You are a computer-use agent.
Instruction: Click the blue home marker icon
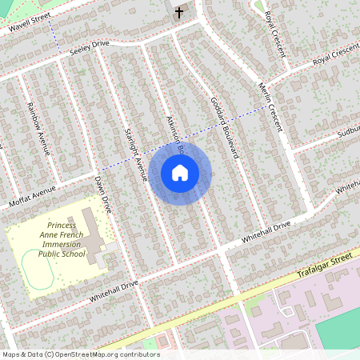coord(180,172)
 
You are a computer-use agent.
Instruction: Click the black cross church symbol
coord(178,12)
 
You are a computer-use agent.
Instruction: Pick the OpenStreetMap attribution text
coord(80,354)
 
